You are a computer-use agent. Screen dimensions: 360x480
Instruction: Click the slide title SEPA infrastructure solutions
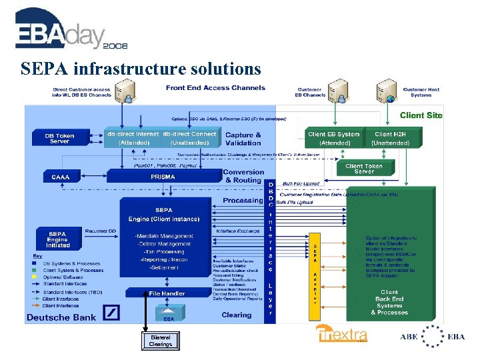[141, 69]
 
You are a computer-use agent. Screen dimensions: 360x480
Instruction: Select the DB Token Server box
[59, 138]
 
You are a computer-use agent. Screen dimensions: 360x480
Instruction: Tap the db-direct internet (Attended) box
[133, 138]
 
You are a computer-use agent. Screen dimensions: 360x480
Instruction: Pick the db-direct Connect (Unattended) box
[189, 138]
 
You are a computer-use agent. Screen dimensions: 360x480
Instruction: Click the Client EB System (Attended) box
[334, 138]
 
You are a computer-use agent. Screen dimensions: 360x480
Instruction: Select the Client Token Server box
[364, 169]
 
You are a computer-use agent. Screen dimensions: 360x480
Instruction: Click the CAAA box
[56, 177]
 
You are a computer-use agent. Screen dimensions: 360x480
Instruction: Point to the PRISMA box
[163, 177]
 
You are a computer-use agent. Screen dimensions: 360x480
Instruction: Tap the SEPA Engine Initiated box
[57, 239]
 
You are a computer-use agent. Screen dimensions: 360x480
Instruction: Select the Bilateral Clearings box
[160, 341]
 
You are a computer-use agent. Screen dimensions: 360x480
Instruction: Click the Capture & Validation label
[243, 139]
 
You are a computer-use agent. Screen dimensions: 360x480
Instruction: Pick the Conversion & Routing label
[243, 176]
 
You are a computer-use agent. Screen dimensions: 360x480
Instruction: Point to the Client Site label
[421, 115]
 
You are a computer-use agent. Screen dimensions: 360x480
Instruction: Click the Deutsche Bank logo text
[61, 317]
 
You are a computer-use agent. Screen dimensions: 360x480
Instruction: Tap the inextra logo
[341, 334]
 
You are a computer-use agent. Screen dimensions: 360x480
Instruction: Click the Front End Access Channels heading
[215, 88]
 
